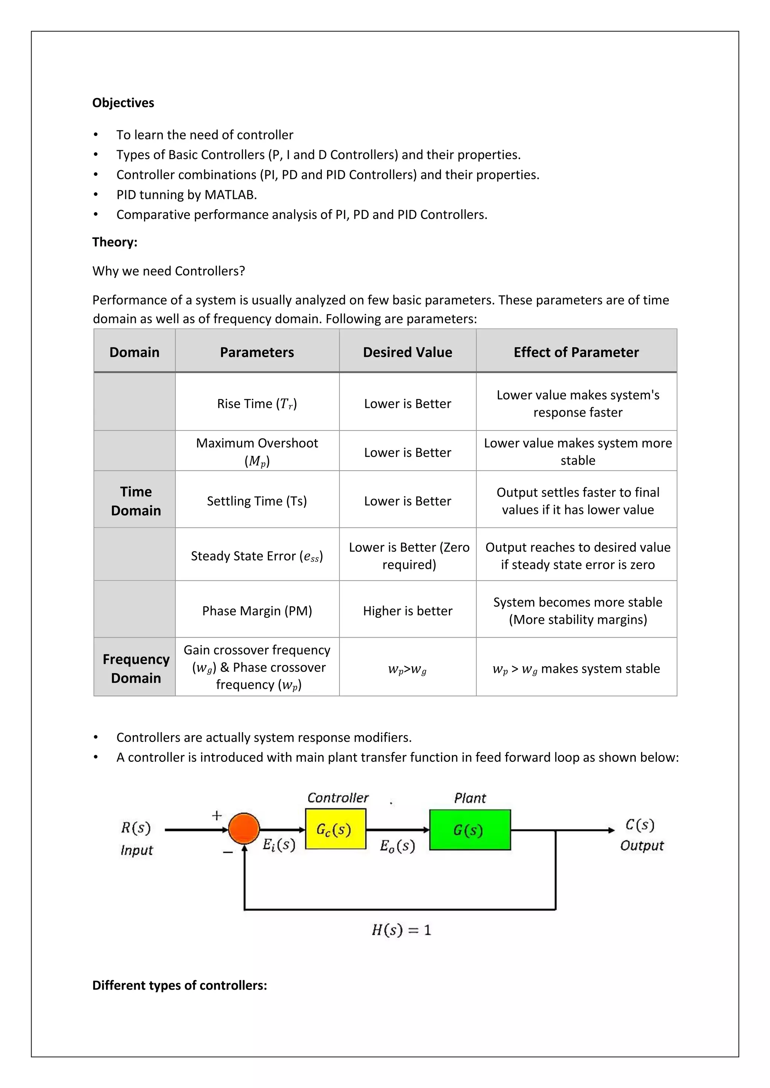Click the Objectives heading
pos(123,103)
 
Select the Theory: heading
pos(115,242)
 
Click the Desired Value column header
pos(407,352)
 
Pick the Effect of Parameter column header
pos(576,352)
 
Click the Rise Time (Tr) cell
pos(257,404)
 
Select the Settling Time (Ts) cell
pos(257,501)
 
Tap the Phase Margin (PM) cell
pos(257,611)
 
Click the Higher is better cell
pos(407,611)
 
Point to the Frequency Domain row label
pos(136,669)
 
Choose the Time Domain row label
pos(136,501)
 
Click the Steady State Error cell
pos(257,556)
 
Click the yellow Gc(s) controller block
pos(335,829)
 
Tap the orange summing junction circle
pos(244,829)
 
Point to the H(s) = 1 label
pos(401,930)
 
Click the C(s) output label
pos(640,825)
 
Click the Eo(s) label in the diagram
pos(397,846)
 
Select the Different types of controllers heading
pos(180,985)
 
